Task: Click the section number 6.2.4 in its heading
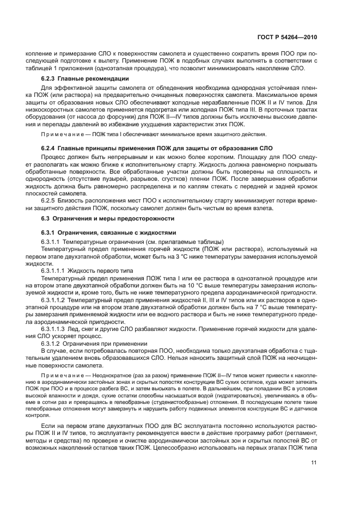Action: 50,148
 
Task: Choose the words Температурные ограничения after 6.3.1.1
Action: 93,242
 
